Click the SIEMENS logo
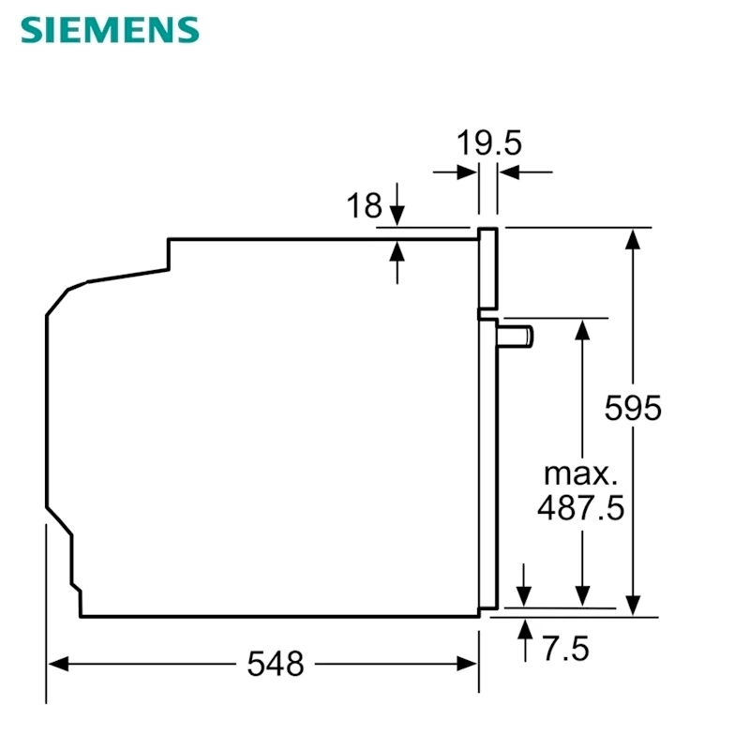110,30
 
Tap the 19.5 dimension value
488,143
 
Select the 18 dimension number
365,205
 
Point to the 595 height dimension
633,408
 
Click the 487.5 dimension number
581,507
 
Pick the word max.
580,474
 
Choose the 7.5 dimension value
565,649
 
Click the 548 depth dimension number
276,664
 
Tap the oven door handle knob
515,337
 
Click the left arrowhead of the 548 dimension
58,664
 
